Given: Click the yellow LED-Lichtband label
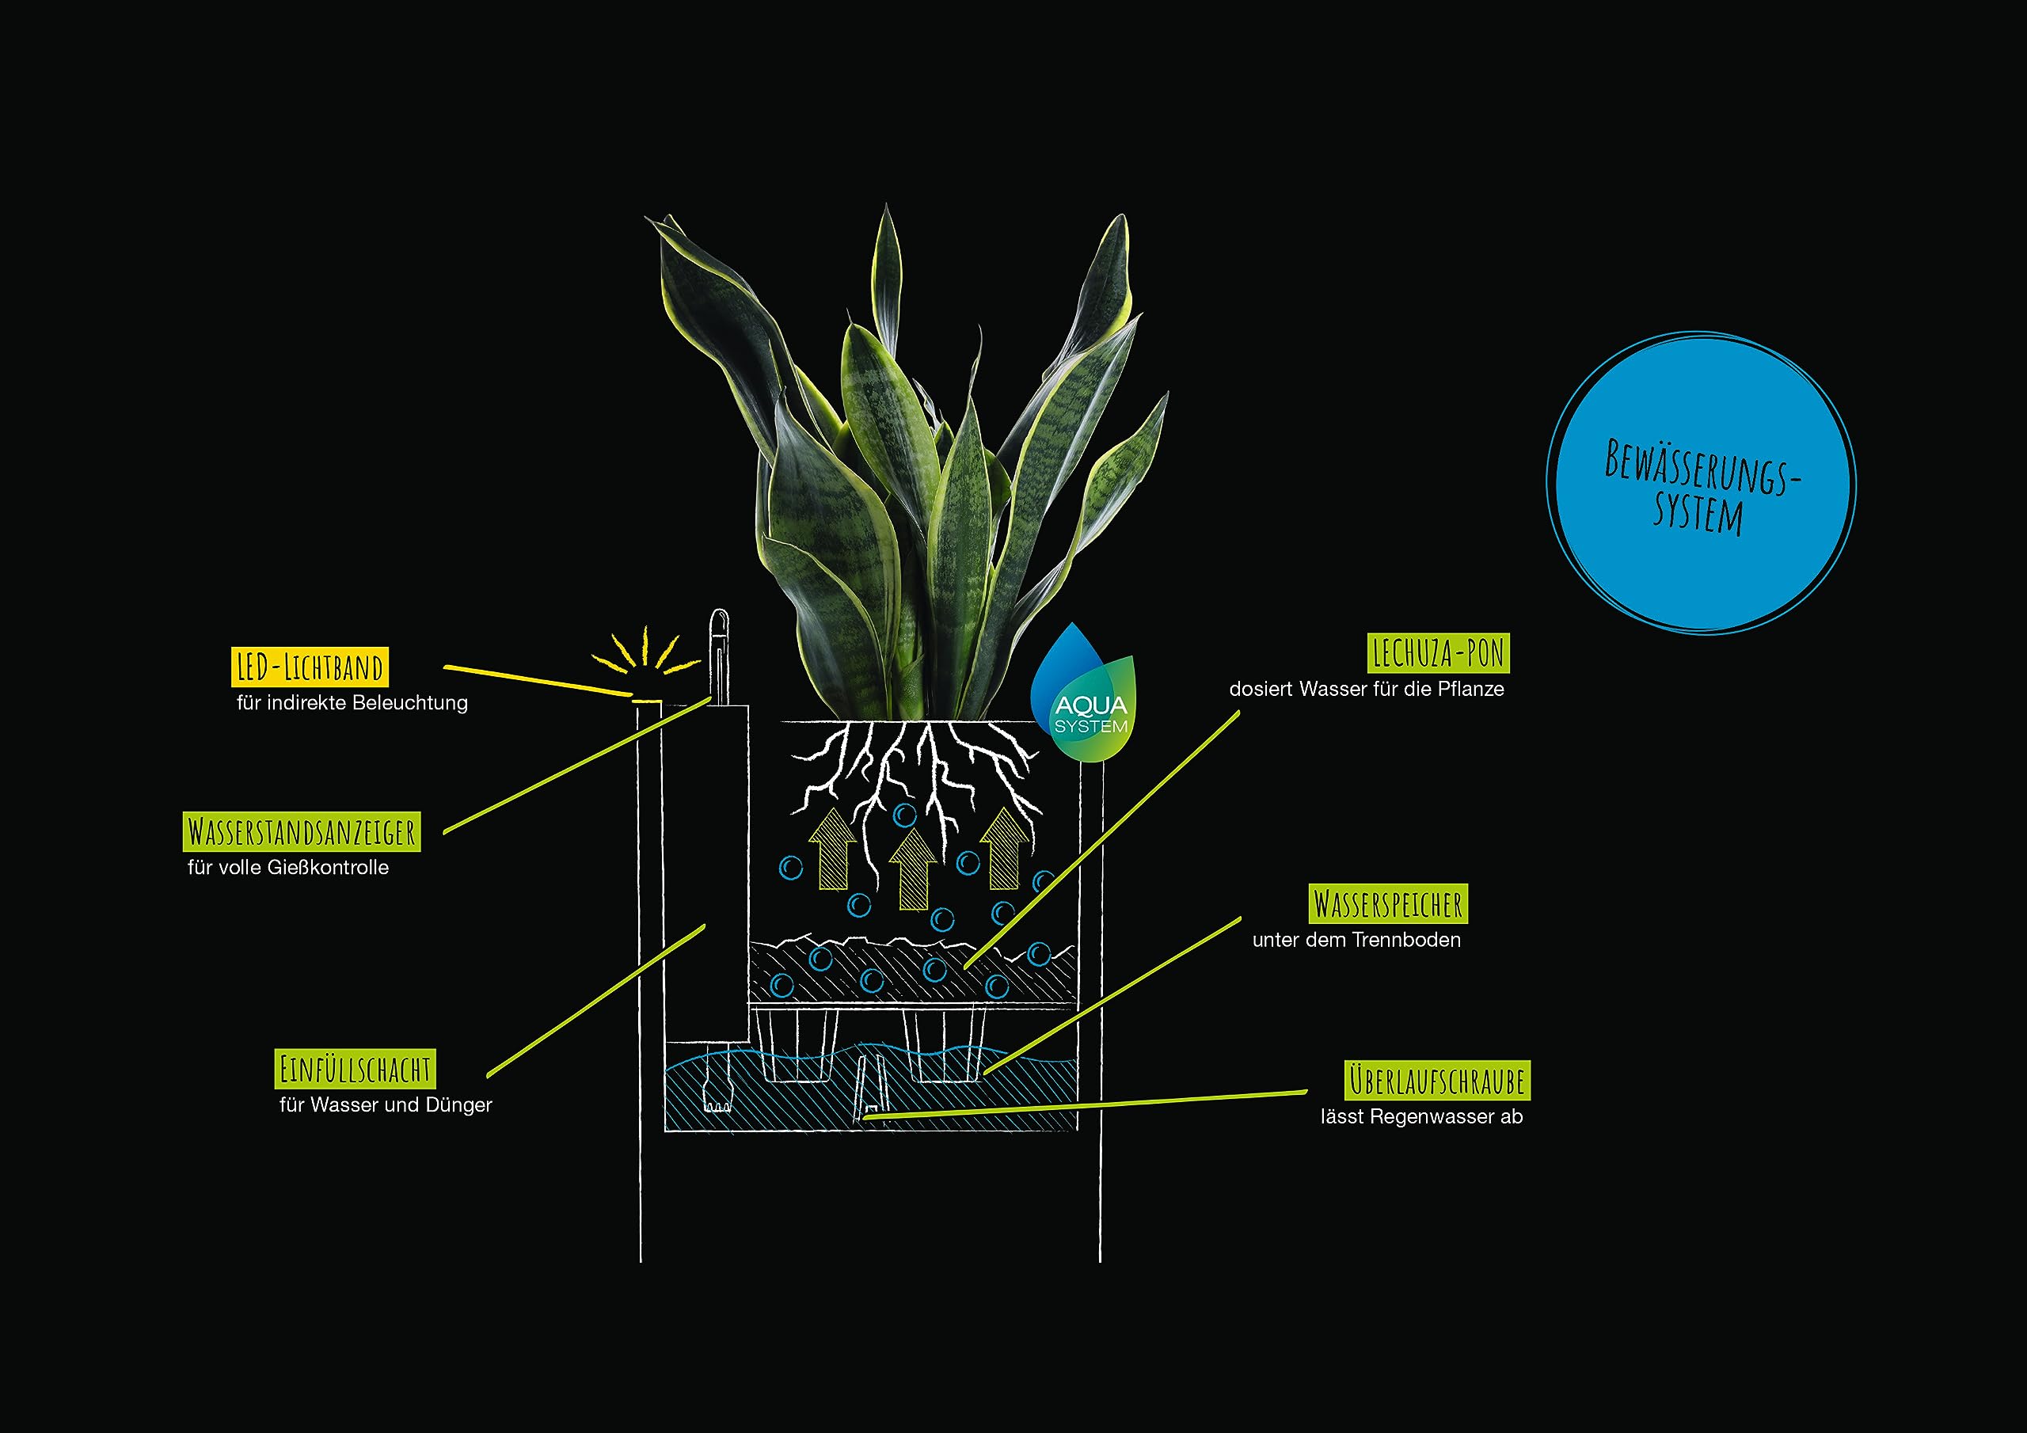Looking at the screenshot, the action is (310, 667).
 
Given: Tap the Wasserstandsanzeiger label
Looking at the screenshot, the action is (302, 832).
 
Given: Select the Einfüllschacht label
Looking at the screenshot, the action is (355, 1070).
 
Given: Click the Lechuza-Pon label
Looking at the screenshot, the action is (1438, 653).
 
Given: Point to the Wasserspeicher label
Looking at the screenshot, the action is (1388, 904).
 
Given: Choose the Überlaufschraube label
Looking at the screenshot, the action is (1437, 1081).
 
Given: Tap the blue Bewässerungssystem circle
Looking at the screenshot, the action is (1702, 483).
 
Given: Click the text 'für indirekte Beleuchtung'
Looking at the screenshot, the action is (352, 703).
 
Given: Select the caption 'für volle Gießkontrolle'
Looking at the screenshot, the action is (287, 867).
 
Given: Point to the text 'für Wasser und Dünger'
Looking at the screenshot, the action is (386, 1104).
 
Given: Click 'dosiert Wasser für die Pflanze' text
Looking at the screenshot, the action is (1367, 689).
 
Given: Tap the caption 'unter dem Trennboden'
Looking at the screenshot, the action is (1356, 940).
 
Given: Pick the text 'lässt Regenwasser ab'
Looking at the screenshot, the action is (1421, 1117).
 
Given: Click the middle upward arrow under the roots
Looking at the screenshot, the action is (913, 869).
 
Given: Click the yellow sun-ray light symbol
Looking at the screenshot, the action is (645, 653).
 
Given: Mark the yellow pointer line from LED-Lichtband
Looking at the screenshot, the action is (538, 681).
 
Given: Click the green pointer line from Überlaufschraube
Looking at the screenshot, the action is (1085, 1104).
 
